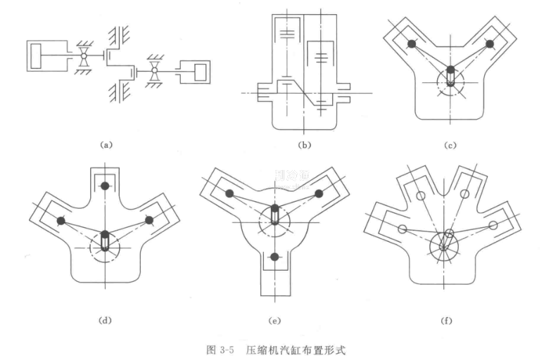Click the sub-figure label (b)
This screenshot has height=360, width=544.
click(304, 146)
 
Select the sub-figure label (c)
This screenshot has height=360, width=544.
click(450, 146)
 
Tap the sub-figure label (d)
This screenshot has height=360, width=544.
click(106, 321)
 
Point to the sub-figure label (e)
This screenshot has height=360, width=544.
click(274, 321)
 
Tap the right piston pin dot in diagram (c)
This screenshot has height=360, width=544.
click(490, 44)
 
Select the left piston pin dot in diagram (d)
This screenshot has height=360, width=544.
click(61, 220)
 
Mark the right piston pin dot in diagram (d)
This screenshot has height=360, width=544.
click(149, 220)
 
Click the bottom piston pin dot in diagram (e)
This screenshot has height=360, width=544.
click(274, 255)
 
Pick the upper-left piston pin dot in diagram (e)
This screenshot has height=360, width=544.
click(230, 193)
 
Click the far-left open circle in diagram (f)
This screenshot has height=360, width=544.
click(403, 229)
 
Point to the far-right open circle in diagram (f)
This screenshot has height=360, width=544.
click(493, 225)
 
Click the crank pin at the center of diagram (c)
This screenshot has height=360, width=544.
click(450, 72)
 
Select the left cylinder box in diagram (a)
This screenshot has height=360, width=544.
click(46, 56)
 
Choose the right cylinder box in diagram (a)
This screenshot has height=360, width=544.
click(195, 72)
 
